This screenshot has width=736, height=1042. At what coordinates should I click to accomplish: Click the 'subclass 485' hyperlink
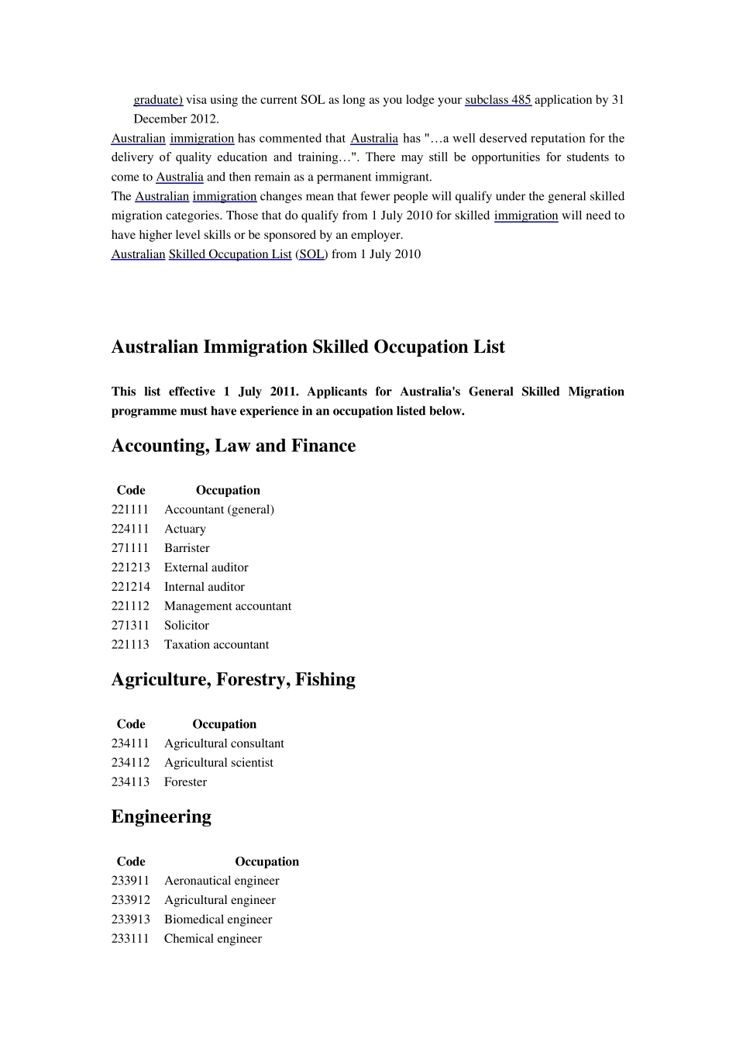click(497, 100)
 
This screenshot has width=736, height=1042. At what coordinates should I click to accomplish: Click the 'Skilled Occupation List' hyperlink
click(230, 254)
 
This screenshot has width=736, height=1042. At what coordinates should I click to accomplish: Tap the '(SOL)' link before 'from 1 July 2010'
click(311, 254)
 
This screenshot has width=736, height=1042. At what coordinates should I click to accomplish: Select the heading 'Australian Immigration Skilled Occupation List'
click(308, 347)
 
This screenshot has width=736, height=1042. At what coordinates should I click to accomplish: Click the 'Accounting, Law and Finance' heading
click(233, 446)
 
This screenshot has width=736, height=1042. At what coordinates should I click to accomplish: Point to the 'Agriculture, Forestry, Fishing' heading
click(233, 680)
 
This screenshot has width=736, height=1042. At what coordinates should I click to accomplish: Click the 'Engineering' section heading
click(161, 816)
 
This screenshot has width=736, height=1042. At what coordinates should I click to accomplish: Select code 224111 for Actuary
click(130, 529)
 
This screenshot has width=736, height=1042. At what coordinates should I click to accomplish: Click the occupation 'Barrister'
click(187, 548)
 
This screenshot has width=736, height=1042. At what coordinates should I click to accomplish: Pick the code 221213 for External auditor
click(130, 568)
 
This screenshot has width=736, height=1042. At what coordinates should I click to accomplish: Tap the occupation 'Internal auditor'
click(204, 587)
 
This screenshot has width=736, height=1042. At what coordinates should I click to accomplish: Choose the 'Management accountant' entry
click(228, 606)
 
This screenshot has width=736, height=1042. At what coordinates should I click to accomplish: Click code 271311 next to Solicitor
click(130, 626)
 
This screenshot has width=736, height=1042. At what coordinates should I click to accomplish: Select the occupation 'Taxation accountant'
click(216, 645)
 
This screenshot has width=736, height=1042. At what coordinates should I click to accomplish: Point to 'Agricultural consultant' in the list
click(224, 744)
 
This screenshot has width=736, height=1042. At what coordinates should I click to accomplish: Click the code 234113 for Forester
click(130, 782)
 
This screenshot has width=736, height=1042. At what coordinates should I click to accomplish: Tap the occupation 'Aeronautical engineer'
click(222, 881)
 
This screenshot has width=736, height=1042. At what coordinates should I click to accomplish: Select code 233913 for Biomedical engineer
click(130, 920)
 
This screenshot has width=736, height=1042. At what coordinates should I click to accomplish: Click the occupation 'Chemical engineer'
click(213, 939)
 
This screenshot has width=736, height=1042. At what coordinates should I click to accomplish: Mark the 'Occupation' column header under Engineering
click(267, 861)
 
